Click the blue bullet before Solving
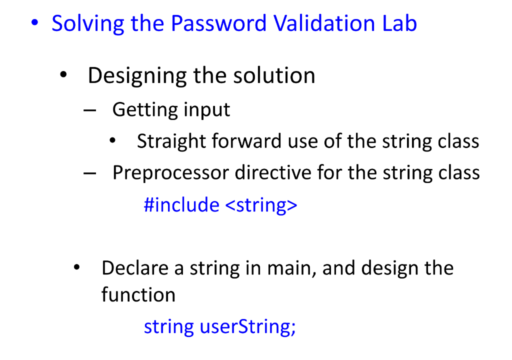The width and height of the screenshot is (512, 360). [x=34, y=23]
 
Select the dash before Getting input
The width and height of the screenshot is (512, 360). [x=89, y=109]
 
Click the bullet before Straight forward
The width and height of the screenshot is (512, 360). [x=112, y=142]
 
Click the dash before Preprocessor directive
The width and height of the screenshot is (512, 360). [x=89, y=173]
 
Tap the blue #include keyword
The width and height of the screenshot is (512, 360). [x=181, y=204]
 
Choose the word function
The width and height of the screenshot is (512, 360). [x=138, y=294]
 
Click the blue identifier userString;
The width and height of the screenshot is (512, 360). [x=248, y=327]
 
